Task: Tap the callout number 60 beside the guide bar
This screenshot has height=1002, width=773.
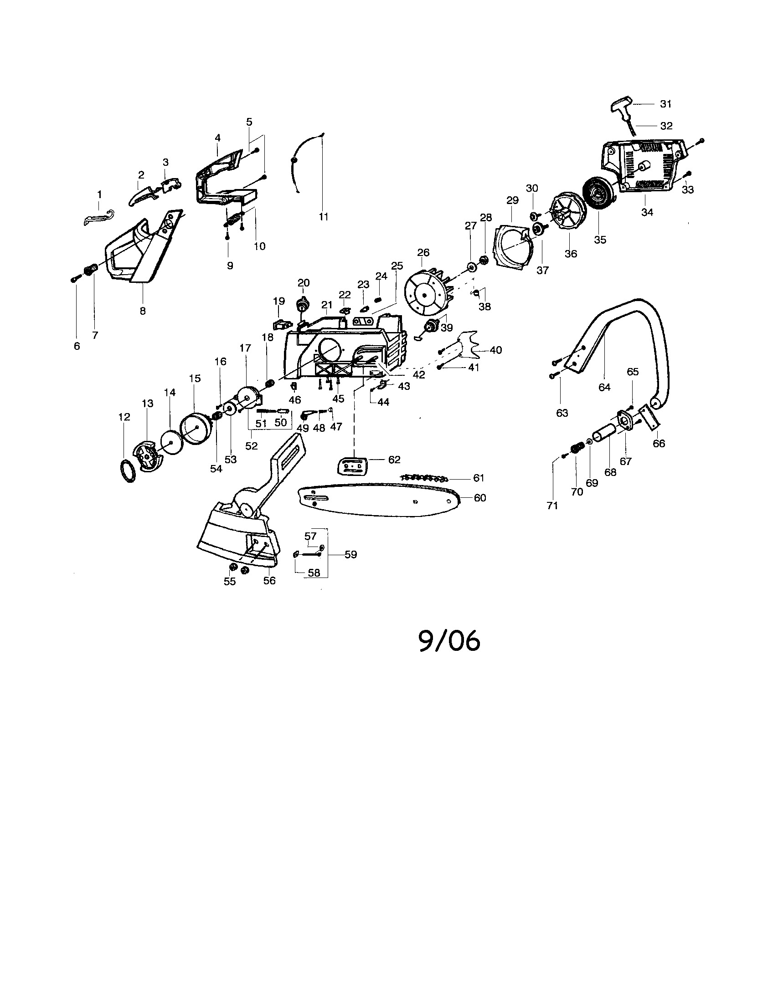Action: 479,498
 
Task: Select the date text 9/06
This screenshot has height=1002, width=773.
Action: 449,641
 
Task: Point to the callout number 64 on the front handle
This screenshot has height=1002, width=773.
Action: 604,387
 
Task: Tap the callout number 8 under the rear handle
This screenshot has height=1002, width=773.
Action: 143,311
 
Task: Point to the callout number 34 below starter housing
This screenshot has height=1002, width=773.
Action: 647,212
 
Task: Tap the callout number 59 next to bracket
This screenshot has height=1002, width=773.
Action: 350,554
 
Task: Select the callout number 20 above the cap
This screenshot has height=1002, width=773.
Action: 304,283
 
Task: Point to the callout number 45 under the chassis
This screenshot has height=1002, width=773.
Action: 338,399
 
